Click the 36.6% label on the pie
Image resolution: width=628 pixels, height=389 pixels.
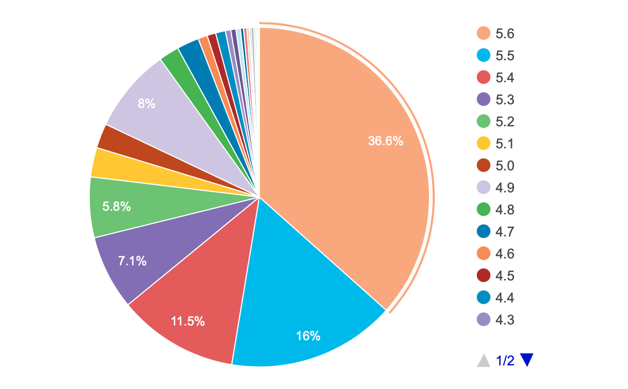[x=385, y=141]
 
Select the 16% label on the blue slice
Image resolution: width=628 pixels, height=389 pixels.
[x=308, y=336]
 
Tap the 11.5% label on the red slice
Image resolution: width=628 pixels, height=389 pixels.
[x=187, y=321]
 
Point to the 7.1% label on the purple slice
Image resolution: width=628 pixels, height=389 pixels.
[x=132, y=261]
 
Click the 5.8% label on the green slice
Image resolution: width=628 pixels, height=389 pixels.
[x=117, y=207]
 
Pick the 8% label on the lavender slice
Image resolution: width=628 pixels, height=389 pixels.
[x=146, y=104]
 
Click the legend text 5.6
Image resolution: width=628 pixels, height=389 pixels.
[x=505, y=34]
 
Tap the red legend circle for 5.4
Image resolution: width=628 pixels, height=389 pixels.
[x=484, y=78]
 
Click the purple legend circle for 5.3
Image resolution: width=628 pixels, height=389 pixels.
[x=484, y=100]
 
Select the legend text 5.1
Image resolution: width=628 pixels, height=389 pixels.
[x=505, y=144]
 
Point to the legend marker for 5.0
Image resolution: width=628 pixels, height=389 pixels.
[x=484, y=166]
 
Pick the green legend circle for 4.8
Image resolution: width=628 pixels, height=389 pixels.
[x=484, y=210]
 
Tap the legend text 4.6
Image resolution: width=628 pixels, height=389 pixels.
[x=505, y=254]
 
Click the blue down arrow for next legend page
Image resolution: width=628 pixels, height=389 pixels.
[x=527, y=360]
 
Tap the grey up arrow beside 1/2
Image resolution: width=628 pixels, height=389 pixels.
[x=483, y=361]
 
